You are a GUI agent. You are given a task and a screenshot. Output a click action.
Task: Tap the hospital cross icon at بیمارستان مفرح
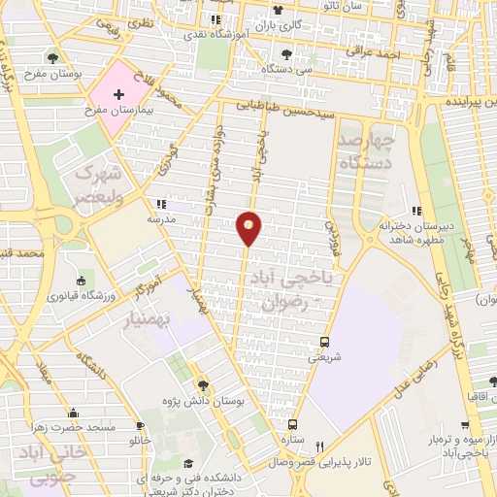point(118,96)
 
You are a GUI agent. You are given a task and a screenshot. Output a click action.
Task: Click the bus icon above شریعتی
point(324,342)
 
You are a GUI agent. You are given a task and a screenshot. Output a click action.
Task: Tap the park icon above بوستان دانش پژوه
point(203,382)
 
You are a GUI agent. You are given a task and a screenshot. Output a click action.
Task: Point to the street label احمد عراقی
point(377,55)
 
